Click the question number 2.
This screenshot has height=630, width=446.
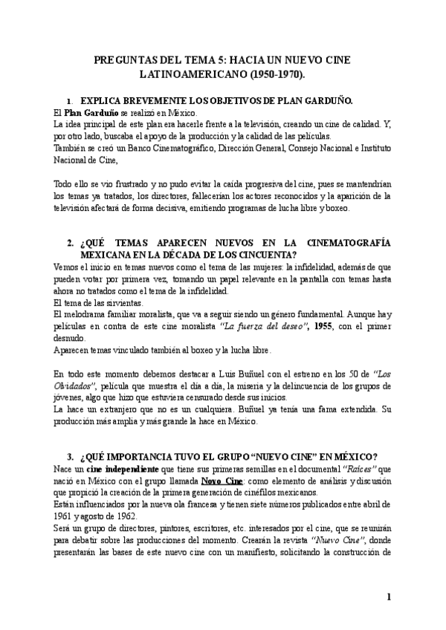(70, 243)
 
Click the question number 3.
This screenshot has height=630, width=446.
(70, 455)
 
